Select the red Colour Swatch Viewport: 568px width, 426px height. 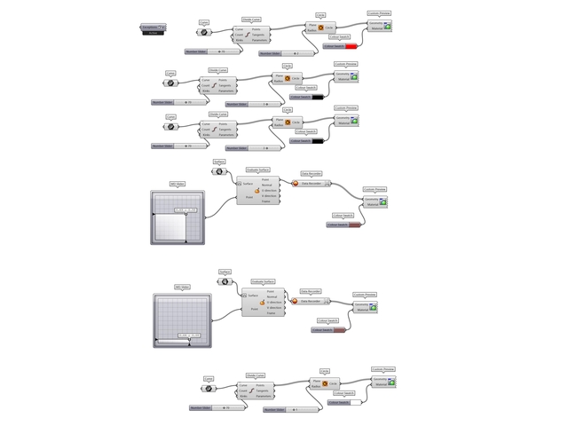coord(342,46)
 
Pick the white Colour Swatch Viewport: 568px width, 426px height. coord(342,403)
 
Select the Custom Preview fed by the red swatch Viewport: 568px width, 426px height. coord(382,27)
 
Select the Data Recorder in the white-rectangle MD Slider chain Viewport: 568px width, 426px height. coord(312,184)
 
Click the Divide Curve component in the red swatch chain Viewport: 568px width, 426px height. coord(251,35)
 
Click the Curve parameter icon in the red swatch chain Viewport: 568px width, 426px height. coord(203,32)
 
